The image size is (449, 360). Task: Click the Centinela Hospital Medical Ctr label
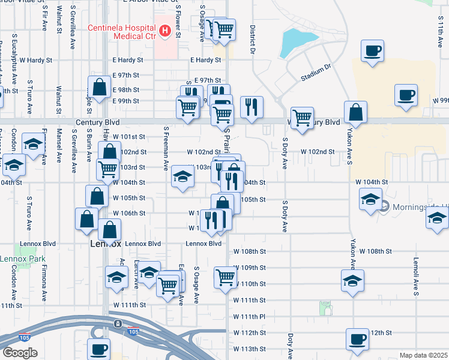[122, 32]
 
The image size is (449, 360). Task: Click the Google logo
[20, 352]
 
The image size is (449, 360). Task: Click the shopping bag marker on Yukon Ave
[356, 112]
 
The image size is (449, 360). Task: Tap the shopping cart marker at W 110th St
[225, 277]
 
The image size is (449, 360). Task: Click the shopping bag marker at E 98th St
[99, 87]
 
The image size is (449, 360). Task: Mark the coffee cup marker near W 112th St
[357, 339]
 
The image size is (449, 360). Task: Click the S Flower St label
[178, 22]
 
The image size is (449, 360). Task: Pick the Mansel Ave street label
[59, 145]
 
